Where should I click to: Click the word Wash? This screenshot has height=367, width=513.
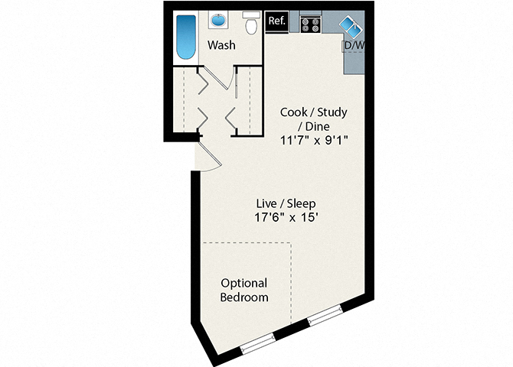tap(221, 46)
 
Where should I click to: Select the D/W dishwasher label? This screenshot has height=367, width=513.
tap(354, 46)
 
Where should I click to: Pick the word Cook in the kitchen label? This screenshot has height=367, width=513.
tap(294, 112)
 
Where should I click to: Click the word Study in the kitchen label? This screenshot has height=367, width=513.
tap(332, 112)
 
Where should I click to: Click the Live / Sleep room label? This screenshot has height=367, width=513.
tap(286, 204)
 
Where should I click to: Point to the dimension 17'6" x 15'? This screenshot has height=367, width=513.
tap(286, 219)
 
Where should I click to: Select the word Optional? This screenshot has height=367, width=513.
tap(244, 282)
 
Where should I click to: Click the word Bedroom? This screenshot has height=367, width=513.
tap(244, 297)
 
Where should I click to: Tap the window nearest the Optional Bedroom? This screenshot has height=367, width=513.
tap(258, 343)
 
